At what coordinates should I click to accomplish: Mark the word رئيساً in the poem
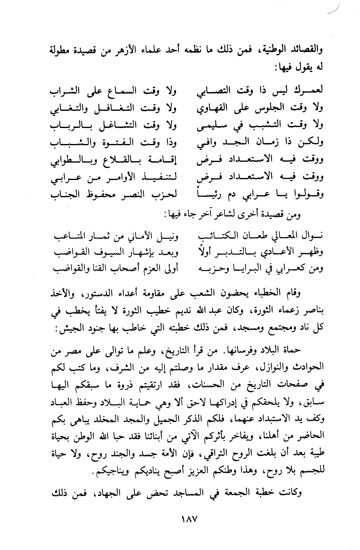pyautogui.click(x=211, y=195)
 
